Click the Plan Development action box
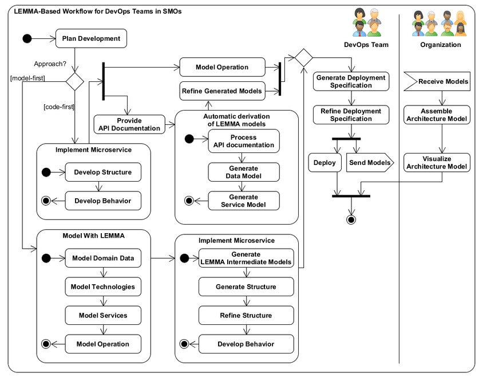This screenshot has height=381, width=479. tap(90, 39)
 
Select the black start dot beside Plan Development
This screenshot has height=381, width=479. tap(26, 39)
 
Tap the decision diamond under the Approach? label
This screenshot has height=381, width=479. tap(74, 80)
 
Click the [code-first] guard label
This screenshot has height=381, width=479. tap(60, 107)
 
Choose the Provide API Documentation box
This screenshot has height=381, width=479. tap(130, 124)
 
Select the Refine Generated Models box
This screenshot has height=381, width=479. tap(221, 91)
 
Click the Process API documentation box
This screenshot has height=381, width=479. tap(243, 141)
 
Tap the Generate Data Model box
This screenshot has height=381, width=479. tap(243, 172)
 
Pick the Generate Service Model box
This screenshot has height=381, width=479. tap(243, 201)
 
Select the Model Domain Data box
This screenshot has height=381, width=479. tap(103, 258)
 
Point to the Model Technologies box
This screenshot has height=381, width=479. tap(103, 286)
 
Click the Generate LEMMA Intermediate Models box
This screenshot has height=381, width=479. tap(246, 258)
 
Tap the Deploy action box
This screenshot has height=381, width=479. tap(324, 163)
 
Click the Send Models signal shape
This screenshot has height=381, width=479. tap(370, 163)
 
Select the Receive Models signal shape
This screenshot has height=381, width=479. tap(437, 82)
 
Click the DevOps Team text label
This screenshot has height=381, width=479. tap(366, 45)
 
